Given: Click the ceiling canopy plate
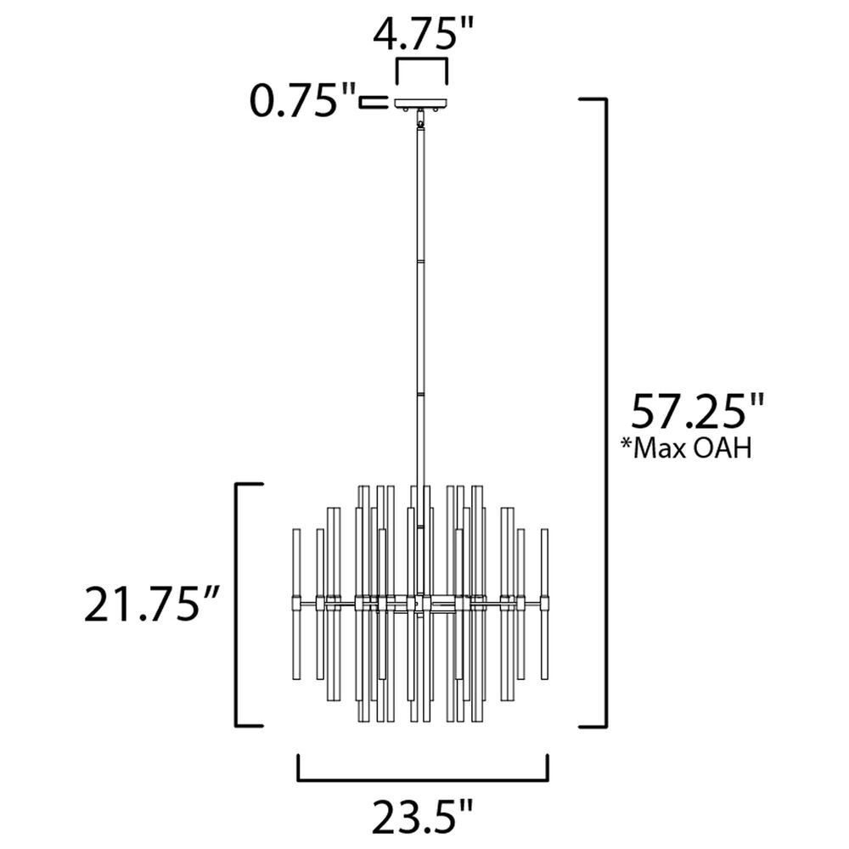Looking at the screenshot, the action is (422, 102).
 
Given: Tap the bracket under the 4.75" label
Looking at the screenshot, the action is (422, 70).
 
